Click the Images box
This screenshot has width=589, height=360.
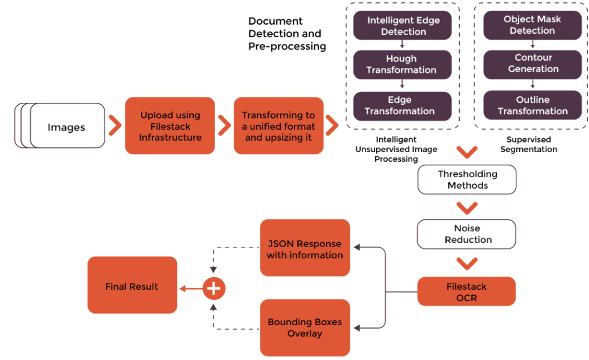click(x=66, y=126)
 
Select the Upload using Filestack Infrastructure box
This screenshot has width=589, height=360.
click(x=170, y=126)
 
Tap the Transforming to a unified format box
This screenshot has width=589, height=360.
click(x=278, y=126)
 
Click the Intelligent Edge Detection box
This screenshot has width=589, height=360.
click(x=403, y=26)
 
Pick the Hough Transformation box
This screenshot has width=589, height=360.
click(x=401, y=64)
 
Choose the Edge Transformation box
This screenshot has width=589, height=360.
click(x=401, y=105)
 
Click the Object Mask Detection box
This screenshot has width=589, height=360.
click(x=532, y=25)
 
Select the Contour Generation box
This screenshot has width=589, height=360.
click(x=533, y=63)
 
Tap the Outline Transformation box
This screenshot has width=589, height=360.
click(x=533, y=105)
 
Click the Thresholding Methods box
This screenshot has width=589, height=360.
click(x=467, y=180)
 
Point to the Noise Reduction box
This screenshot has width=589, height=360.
click(x=467, y=234)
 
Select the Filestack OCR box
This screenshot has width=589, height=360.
click(x=466, y=291)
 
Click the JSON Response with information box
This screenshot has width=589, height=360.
click(x=305, y=249)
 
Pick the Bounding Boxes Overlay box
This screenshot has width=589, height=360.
click(x=305, y=328)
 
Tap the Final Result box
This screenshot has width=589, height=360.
click(x=132, y=286)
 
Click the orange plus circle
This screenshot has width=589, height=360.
click(x=213, y=288)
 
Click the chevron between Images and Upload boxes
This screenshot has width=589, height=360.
click(x=114, y=126)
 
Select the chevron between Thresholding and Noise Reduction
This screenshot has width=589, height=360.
click(x=467, y=208)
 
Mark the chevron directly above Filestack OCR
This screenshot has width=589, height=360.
click(x=467, y=263)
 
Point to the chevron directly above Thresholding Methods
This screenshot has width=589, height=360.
click(x=467, y=151)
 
